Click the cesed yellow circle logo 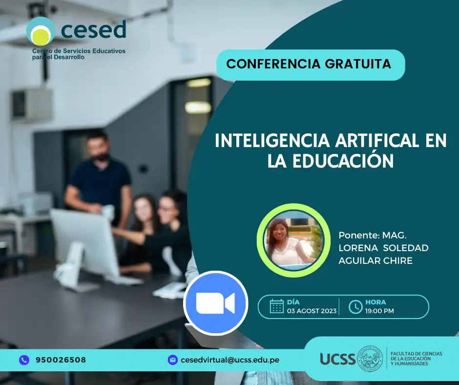[41, 31]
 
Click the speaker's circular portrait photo [293, 240]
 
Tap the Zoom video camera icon [216, 303]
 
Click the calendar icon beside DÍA [277, 306]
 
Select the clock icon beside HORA [355, 307]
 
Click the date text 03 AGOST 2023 [312, 311]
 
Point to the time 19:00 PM [379, 311]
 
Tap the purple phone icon [24, 360]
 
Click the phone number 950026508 [61, 360]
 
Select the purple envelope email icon [173, 360]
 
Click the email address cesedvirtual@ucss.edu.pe [230, 360]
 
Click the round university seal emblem [370, 359]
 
